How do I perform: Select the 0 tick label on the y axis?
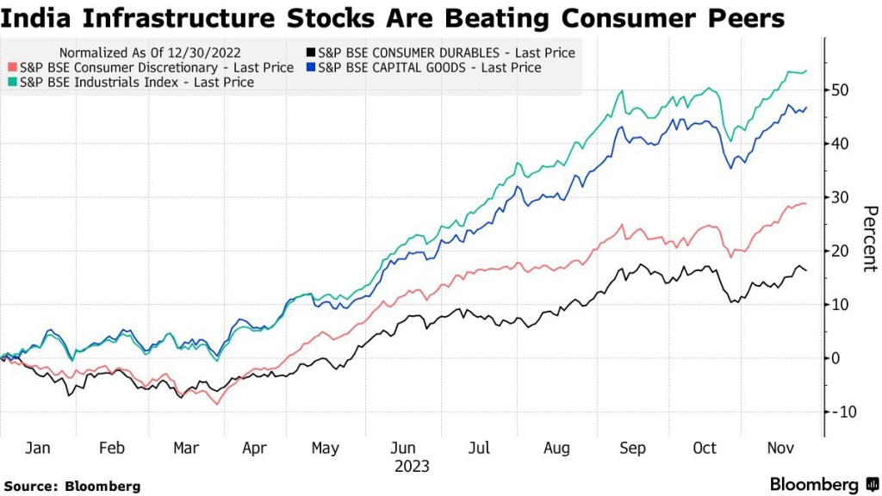click(848, 358)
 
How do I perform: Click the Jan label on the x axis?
click(38, 449)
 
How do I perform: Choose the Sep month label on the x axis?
click(633, 449)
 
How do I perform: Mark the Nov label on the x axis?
click(780, 449)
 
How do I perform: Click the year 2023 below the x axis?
click(411, 467)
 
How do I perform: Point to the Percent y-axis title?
click(869, 239)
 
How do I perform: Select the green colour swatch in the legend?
click(12, 83)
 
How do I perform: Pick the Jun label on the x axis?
click(403, 449)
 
